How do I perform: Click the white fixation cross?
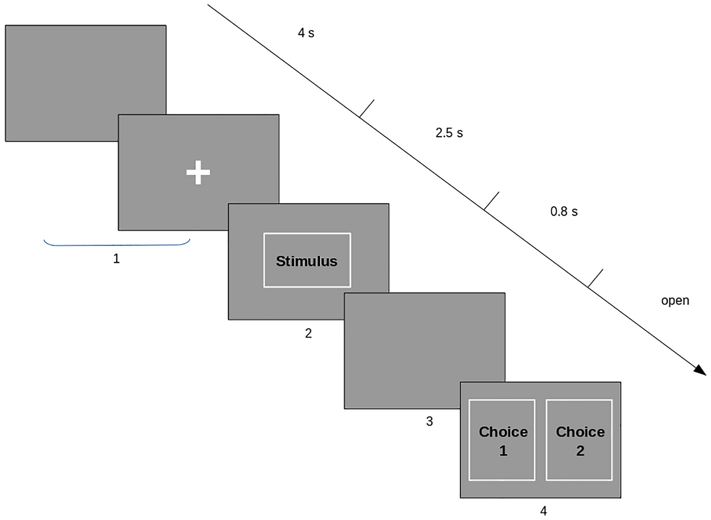coord(198,172)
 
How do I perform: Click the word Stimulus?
coord(306,261)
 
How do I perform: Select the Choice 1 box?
coord(502,440)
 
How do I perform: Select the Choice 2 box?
coord(579,440)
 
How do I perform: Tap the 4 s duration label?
coord(306,33)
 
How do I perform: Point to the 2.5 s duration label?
coord(449,133)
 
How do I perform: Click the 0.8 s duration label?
coord(564,212)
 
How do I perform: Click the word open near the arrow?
coord(675,301)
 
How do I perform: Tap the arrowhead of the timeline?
coord(701,370)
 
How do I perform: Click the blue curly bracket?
coord(116,244)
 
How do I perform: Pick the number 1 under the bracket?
coord(116,259)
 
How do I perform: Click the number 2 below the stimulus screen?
coord(308,333)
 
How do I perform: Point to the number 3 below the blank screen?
coord(429,422)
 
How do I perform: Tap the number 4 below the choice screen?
coord(543,511)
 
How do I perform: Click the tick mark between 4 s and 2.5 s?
coord(367,108)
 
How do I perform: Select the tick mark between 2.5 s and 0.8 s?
coord(492,200)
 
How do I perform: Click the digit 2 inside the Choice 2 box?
coord(580,451)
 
